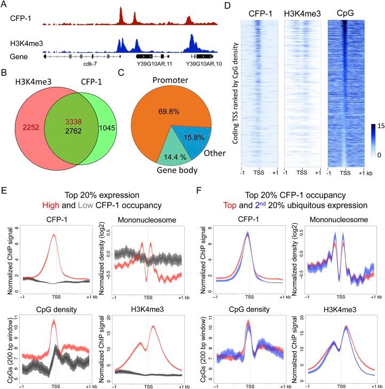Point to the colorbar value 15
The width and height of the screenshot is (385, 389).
point(374,126)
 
